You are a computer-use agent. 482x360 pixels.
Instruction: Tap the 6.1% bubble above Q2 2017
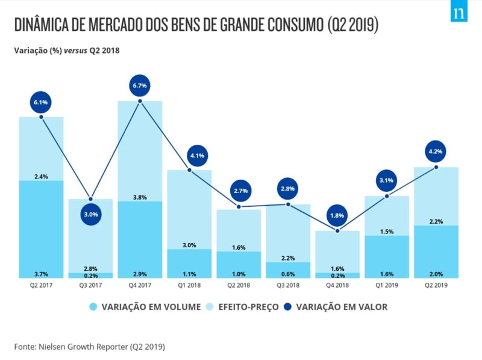[x=41, y=103]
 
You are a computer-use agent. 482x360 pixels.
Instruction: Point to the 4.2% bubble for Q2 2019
[x=436, y=152]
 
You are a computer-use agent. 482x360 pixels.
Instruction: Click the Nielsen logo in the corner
[x=459, y=13]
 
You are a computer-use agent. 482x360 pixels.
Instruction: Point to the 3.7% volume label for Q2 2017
[x=41, y=274]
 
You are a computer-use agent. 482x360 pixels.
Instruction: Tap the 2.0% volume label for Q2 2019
[x=436, y=274]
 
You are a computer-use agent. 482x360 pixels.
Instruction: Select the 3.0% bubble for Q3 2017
[x=90, y=214]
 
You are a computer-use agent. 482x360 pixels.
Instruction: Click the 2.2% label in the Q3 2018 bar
[x=288, y=258]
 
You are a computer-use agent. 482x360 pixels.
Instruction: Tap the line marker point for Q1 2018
[x=189, y=170]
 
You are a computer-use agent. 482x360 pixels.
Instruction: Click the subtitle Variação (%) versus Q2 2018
[x=67, y=51]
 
